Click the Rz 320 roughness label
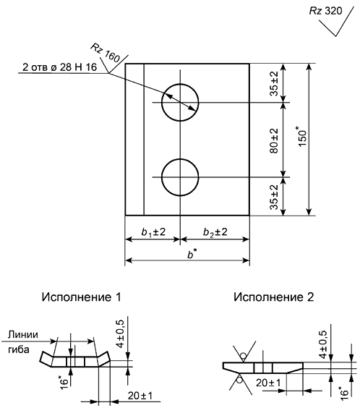pos(325,11)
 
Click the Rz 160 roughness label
pos(105,54)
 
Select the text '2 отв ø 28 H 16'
pos(59,67)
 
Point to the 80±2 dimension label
pos(274,141)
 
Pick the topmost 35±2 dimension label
pos(274,83)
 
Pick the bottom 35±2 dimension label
pos(274,197)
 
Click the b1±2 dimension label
pos(153,231)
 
